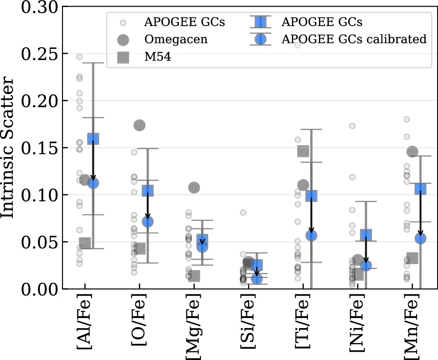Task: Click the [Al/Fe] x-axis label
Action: point(84,322)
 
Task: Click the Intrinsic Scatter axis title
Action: point(7,147)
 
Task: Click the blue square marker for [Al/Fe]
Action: point(93,139)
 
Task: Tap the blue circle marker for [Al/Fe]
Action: point(93,183)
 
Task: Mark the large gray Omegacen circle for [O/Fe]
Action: point(140,126)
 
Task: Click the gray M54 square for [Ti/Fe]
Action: point(303,151)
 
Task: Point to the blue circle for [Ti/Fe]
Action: point(311,236)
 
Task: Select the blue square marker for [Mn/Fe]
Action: point(420,189)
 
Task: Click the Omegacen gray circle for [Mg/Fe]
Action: point(194,187)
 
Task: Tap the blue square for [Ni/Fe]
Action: point(366,235)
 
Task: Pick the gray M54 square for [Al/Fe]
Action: point(85,243)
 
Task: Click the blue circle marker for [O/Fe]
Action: point(148,222)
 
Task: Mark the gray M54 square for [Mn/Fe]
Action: point(412,258)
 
